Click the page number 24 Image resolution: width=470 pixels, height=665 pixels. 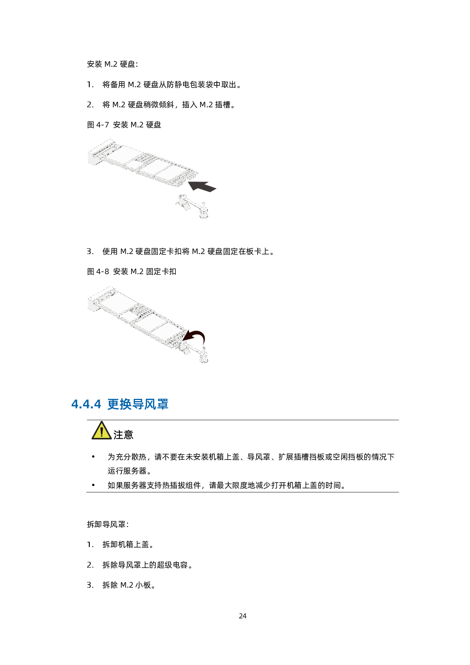point(243,616)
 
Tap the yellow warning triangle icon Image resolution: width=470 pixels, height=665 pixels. point(101,431)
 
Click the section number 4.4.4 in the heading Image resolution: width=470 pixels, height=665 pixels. point(86,404)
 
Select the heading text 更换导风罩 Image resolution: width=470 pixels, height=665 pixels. point(138,404)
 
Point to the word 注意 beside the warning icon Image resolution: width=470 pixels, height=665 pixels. point(123,434)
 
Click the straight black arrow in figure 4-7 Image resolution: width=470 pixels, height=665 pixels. point(202,186)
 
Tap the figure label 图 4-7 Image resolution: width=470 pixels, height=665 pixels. point(98,125)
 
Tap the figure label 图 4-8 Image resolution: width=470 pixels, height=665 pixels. point(98,271)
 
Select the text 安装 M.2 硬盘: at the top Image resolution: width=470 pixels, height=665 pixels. point(113,64)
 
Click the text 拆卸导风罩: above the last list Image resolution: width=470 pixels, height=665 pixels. point(108,524)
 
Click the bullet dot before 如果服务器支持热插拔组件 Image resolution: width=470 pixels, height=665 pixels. point(93,485)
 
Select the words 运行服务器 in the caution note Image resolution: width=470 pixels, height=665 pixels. point(127,471)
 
